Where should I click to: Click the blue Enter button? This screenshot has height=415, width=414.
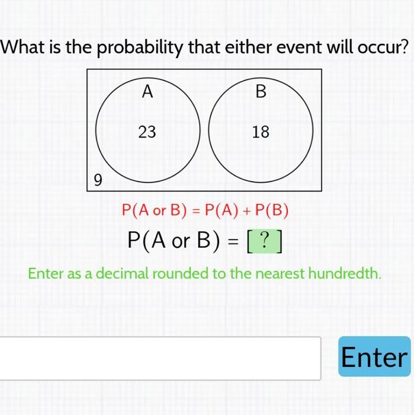tap(374, 356)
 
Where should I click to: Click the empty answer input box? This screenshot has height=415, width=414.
tap(160, 358)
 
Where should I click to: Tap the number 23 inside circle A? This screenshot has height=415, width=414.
tap(147, 132)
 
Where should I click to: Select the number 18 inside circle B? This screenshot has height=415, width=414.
tap(261, 132)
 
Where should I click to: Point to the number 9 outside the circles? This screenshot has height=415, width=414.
tap(98, 180)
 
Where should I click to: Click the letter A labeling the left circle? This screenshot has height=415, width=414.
tap(147, 91)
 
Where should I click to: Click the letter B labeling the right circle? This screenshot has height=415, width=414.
tap(261, 91)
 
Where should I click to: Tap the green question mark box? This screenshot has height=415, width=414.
tap(265, 241)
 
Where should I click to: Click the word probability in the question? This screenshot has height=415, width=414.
tap(140, 47)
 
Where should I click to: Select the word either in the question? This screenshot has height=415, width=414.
tap(249, 47)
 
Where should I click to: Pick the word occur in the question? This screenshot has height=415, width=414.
tap(383, 47)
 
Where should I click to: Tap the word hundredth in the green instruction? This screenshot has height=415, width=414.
tap(345, 273)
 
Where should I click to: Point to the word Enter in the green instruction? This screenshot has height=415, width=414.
tap(46, 273)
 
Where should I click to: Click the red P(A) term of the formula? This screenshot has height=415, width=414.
tap(222, 210)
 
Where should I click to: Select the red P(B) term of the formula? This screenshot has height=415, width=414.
tap(272, 210)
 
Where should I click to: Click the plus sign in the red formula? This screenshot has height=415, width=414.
tap(247, 211)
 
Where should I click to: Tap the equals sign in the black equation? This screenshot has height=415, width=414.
tap(233, 241)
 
